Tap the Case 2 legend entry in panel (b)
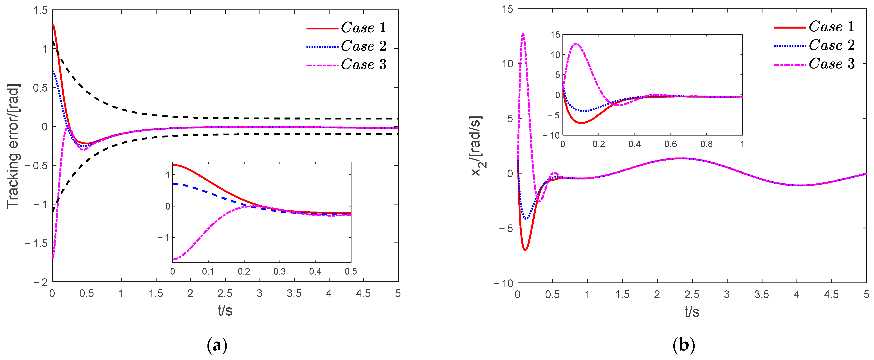[x=814, y=45]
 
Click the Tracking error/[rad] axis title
[x=14, y=146]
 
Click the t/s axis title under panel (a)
[x=225, y=310]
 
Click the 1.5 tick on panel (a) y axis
[x=41, y=10]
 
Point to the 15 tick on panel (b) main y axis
[x=508, y=9]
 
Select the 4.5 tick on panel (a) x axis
[x=363, y=293]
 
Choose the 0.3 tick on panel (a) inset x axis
[x=279, y=271]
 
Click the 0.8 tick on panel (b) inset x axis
[x=707, y=144]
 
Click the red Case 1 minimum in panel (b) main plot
[x=525, y=250]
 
